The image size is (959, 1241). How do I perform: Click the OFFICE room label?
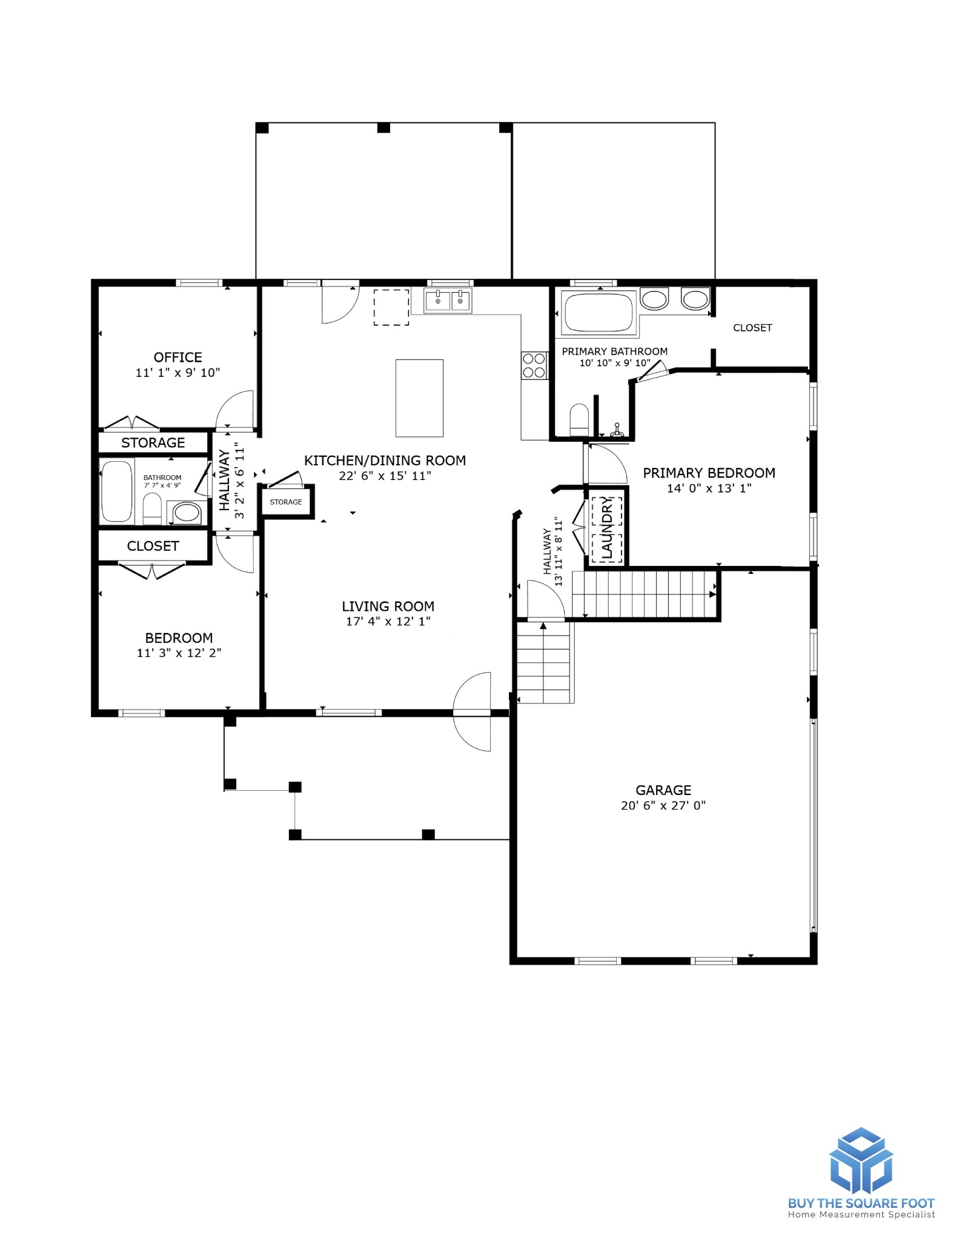pyautogui.click(x=178, y=357)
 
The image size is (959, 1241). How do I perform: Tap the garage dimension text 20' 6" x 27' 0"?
pyautogui.click(x=663, y=805)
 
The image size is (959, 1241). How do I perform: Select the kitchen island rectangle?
pyautogui.click(x=419, y=398)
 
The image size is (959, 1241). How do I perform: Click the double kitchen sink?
pyautogui.click(x=448, y=301)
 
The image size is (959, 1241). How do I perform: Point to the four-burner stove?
pyautogui.click(x=534, y=366)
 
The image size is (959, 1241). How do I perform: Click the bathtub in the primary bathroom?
pyautogui.click(x=598, y=313)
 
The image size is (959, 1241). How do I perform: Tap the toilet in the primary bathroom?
pyautogui.click(x=579, y=419)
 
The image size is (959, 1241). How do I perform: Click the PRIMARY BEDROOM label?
pyautogui.click(x=709, y=473)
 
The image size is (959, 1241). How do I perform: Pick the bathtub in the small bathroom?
pyautogui.click(x=117, y=491)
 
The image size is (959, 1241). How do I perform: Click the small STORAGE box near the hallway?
pyautogui.click(x=286, y=502)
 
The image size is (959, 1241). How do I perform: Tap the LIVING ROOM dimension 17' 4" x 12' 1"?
pyautogui.click(x=388, y=621)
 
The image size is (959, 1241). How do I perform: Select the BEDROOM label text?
pyautogui.click(x=179, y=637)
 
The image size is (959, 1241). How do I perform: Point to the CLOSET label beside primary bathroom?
pyautogui.click(x=752, y=328)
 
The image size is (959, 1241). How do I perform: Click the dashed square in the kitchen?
pyautogui.click(x=391, y=307)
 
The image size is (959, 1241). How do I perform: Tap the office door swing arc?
pyautogui.click(x=236, y=408)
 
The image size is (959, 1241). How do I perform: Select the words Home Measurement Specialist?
pyautogui.click(x=861, y=1214)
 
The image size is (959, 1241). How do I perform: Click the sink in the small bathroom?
pyautogui.click(x=186, y=513)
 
